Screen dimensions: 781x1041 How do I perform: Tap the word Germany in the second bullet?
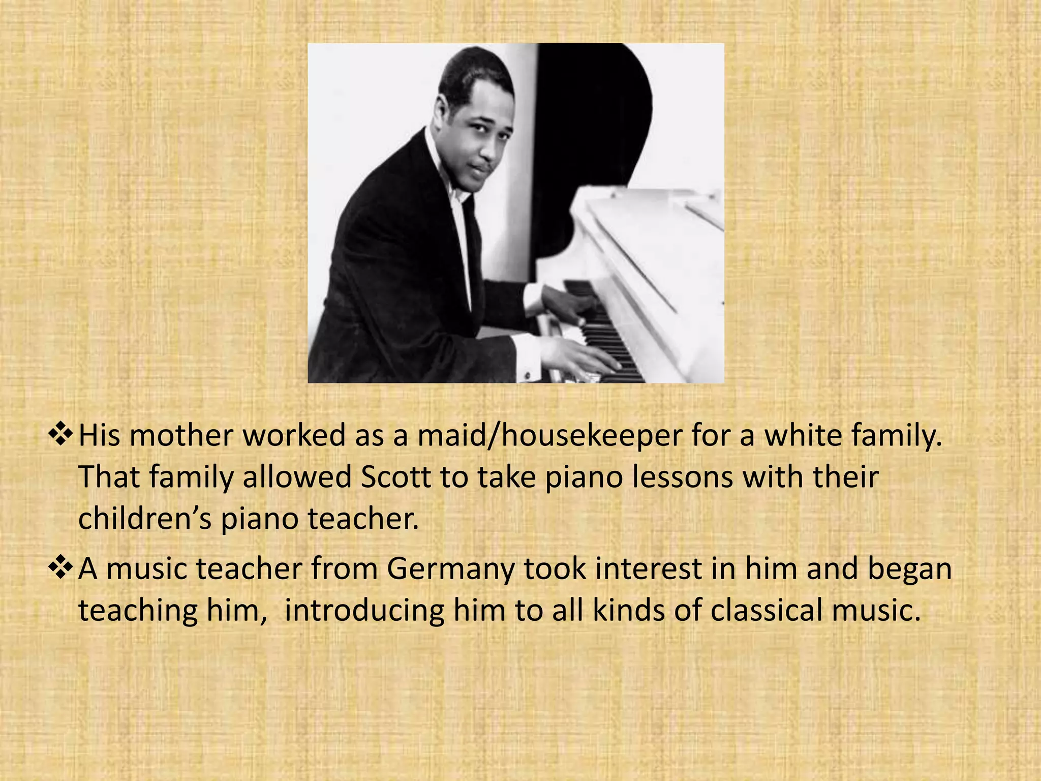(x=450, y=569)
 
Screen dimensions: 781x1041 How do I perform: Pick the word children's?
(x=144, y=520)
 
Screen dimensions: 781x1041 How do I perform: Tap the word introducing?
(x=364, y=611)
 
